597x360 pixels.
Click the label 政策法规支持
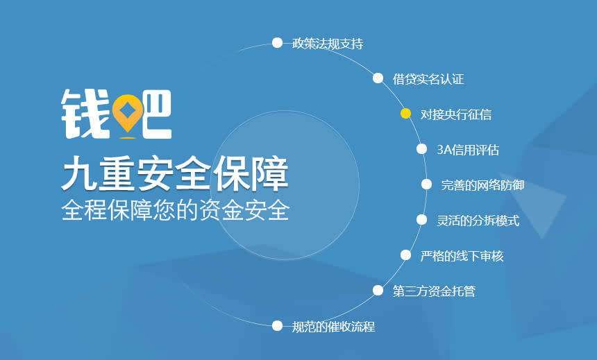(328, 44)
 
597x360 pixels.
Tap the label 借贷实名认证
(428, 79)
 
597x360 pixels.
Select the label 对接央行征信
(456, 114)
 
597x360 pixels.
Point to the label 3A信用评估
(468, 150)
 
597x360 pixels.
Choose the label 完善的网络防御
(482, 185)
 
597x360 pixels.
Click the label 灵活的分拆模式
(478, 221)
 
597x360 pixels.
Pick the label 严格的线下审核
(462, 256)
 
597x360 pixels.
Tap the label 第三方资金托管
(434, 291)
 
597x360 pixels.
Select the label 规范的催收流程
(333, 326)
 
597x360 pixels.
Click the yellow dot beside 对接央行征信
(405, 114)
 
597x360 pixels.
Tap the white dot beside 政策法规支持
(277, 43)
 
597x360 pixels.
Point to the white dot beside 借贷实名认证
(378, 78)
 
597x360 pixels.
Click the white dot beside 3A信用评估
(421, 149)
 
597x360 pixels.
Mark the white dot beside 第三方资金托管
(378, 291)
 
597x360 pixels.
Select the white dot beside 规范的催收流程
(277, 325)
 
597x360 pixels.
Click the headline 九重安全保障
(174, 173)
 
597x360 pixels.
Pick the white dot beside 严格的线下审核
(405, 255)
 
